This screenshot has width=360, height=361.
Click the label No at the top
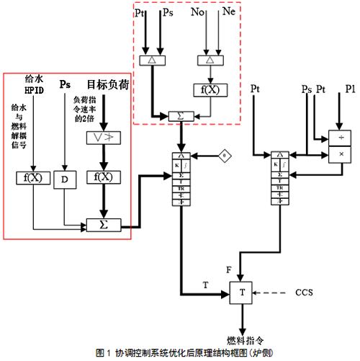(x=197, y=12)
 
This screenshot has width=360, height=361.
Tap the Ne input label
(x=229, y=12)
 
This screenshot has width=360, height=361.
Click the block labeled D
(x=64, y=177)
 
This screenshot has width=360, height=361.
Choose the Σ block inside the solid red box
(x=103, y=225)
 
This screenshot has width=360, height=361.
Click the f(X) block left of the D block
(x=27, y=177)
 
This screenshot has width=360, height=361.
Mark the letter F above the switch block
(x=228, y=269)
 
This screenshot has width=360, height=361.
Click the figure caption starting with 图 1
(x=180, y=353)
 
